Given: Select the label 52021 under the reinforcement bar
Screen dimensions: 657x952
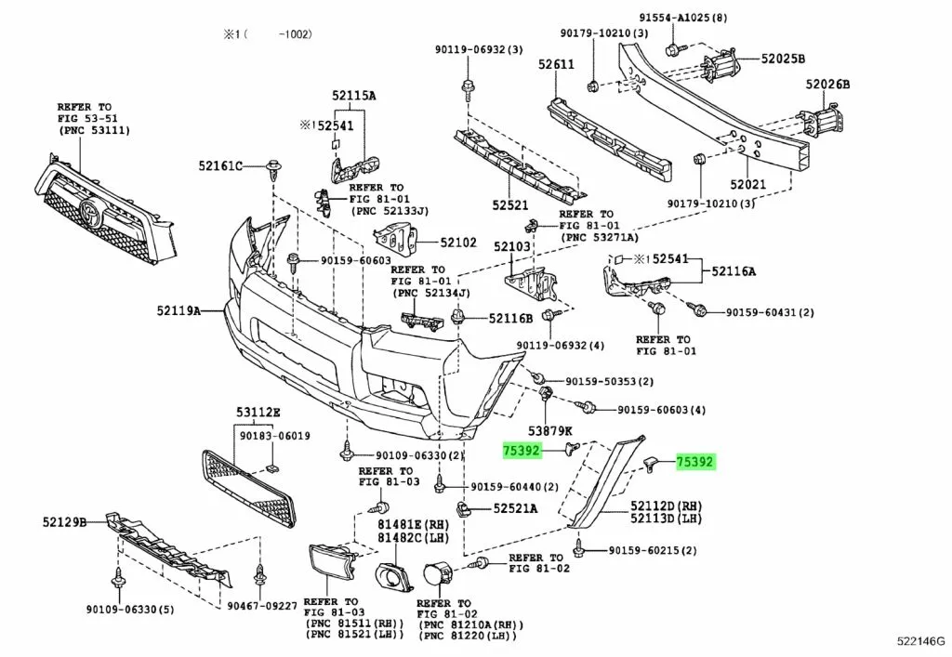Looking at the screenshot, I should coord(747,185).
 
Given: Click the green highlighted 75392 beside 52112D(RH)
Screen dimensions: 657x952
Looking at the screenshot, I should coord(695,461).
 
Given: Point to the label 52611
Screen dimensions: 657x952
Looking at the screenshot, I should coord(555,65).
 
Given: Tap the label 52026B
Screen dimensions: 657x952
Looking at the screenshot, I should coord(827,85).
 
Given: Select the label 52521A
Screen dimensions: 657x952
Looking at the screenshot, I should coord(515,508).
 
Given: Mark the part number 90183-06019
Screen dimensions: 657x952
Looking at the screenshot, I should coord(275,436).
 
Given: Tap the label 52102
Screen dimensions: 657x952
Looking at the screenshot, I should coord(458,243).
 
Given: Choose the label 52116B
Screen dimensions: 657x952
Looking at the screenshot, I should coord(511,319).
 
